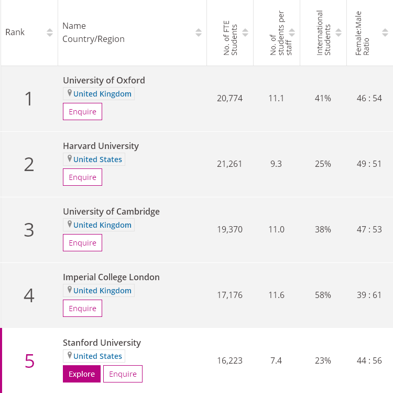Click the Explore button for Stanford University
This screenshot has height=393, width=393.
pos(82,374)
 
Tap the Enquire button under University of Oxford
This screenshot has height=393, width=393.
pos(82,112)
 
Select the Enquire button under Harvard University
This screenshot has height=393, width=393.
pos(82,177)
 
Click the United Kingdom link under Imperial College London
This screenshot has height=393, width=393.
pos(102,291)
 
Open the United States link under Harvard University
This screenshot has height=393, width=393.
pos(97,160)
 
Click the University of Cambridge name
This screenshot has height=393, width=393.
pos(111,211)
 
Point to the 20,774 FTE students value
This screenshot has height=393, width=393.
pos(230,98)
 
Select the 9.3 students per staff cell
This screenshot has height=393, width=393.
pos(276,164)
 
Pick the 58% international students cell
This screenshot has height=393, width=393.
pos(323,295)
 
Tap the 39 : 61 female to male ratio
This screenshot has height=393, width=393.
pos(369,295)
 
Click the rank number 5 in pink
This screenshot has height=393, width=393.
pos(29,361)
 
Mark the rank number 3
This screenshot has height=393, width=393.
pos(29,230)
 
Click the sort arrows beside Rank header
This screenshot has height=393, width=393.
pos(50,33)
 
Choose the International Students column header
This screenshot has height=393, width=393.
pos(324,33)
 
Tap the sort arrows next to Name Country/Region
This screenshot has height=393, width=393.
pos(199,33)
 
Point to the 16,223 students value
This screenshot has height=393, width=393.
pos(230,360)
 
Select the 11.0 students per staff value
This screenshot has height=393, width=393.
pos(276,229)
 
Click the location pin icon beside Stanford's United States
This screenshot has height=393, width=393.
pos(69,356)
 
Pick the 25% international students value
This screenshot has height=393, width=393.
pos(323,164)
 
